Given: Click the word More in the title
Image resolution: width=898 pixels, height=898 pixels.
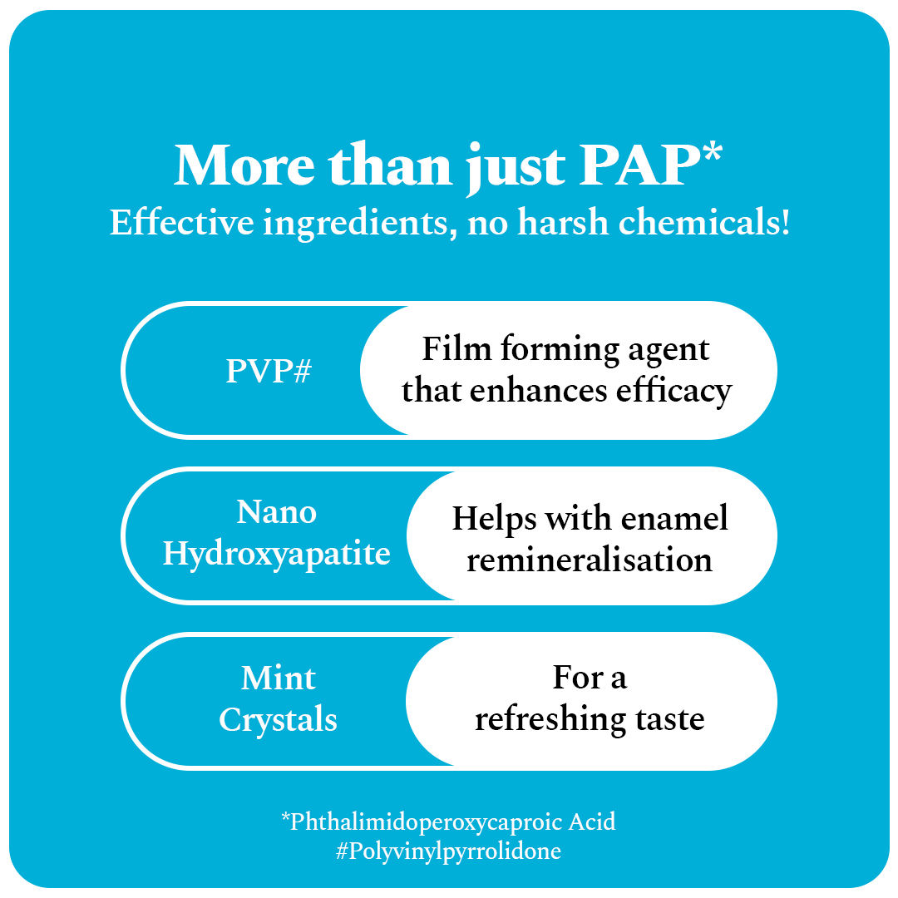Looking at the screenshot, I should (x=246, y=167).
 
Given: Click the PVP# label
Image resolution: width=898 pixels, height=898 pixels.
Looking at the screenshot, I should (x=268, y=372).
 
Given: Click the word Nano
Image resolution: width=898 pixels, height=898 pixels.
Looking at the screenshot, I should (x=277, y=512).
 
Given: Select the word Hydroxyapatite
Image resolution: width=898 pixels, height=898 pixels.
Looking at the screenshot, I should (x=277, y=554).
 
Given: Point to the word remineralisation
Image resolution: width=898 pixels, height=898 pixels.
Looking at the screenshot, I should (x=589, y=560).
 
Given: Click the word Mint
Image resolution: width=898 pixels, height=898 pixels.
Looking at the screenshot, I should (x=279, y=678).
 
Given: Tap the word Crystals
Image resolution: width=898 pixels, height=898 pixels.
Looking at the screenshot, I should (x=279, y=720).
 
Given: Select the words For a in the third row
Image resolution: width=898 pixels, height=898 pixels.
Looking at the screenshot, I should (x=589, y=678).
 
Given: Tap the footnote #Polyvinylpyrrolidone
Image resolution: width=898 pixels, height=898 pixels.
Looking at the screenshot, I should (x=449, y=851).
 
